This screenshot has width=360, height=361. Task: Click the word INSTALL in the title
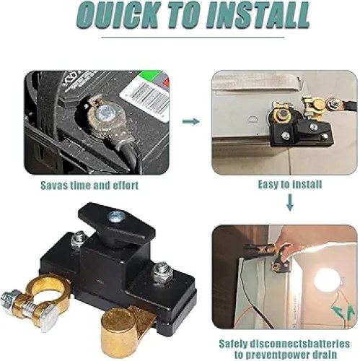click(x=258, y=15)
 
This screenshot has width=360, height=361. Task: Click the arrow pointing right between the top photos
click(x=191, y=121)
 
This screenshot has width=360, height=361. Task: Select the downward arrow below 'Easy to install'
click(x=290, y=202)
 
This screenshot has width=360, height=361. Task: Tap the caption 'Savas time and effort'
click(x=89, y=186)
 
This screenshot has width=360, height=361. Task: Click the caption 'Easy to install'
click(x=290, y=185)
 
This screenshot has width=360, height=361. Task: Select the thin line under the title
click(x=193, y=38)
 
